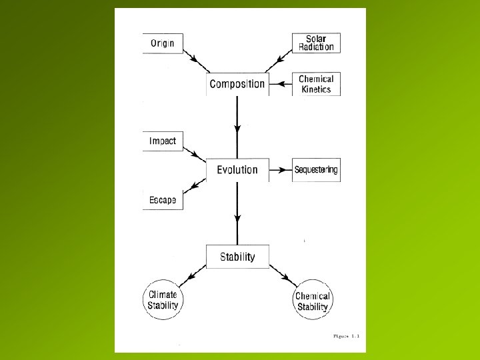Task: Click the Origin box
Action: [162, 43]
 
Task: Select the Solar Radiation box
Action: [316, 43]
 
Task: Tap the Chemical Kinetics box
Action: [316, 84]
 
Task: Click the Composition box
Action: [237, 84]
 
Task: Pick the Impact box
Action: [163, 141]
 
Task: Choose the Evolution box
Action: [237, 169]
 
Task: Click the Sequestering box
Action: [316, 169]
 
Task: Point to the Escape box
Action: [163, 199]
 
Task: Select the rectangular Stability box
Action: [237, 257]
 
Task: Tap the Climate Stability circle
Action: [163, 299]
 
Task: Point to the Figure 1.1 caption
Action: [346, 337]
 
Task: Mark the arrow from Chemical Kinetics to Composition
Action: [283, 84]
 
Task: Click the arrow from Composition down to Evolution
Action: [237, 127]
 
